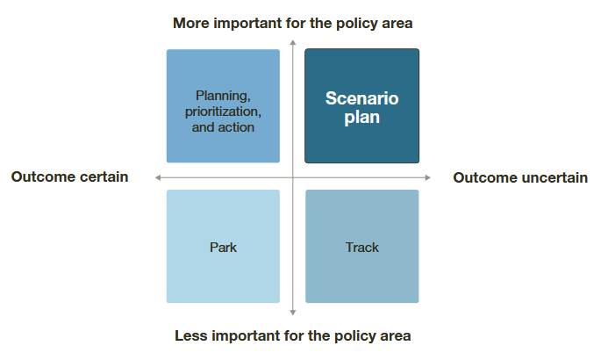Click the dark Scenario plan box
361,106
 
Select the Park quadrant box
223,246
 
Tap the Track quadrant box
362,246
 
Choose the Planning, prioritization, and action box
223,106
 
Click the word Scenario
361,98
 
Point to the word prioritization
223,112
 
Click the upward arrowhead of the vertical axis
293,42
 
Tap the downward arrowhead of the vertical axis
293,313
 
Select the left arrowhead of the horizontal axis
158,177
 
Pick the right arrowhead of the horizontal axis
428,177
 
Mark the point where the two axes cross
293,177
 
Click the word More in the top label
191,24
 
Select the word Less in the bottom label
191,335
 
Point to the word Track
362,248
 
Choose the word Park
223,248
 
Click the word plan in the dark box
361,118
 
